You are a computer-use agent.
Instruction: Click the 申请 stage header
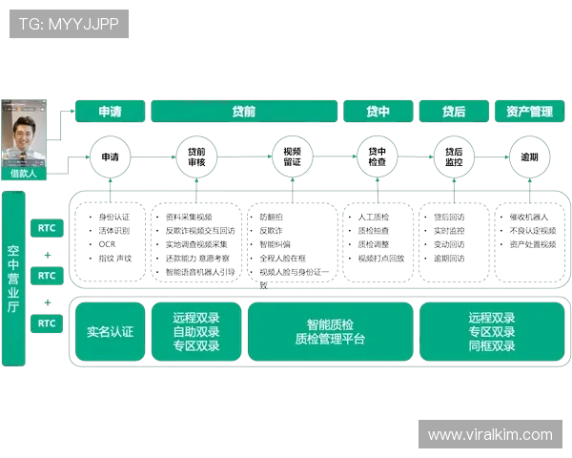pyautogui.click(x=110, y=112)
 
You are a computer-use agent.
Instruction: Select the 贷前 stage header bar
pyautogui.click(x=243, y=112)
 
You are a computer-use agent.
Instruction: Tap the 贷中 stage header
pyautogui.click(x=378, y=112)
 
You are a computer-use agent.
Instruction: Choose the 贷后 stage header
pyautogui.click(x=454, y=112)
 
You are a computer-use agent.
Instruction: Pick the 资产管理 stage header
pyautogui.click(x=523, y=112)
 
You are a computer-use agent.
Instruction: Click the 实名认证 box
pyautogui.click(x=110, y=332)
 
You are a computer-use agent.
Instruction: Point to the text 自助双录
pyautogui.click(x=196, y=332)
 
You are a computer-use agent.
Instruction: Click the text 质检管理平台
pyautogui.click(x=330, y=339)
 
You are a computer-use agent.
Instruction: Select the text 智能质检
pyautogui.click(x=330, y=324)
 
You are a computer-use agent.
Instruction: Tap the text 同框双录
pyautogui.click(x=492, y=345)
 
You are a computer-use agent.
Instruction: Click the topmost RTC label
pyautogui.click(x=47, y=228)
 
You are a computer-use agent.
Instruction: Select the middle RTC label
pyautogui.click(x=47, y=276)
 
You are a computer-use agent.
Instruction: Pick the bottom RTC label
pyautogui.click(x=47, y=323)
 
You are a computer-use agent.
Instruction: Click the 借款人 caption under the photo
pyautogui.click(x=23, y=174)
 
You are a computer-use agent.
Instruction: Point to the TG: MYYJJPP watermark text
pyautogui.click(x=69, y=24)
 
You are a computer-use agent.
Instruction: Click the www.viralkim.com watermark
pyautogui.click(x=489, y=435)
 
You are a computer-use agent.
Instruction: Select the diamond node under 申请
pyautogui.click(x=110, y=156)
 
